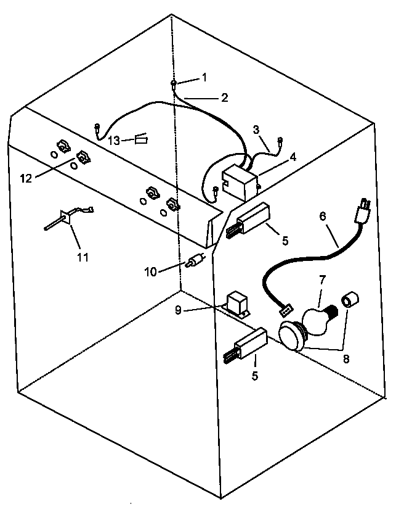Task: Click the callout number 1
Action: [x=204, y=77]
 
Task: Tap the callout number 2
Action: [x=224, y=97]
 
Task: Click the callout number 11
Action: [x=83, y=257]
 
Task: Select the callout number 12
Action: [x=25, y=178]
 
